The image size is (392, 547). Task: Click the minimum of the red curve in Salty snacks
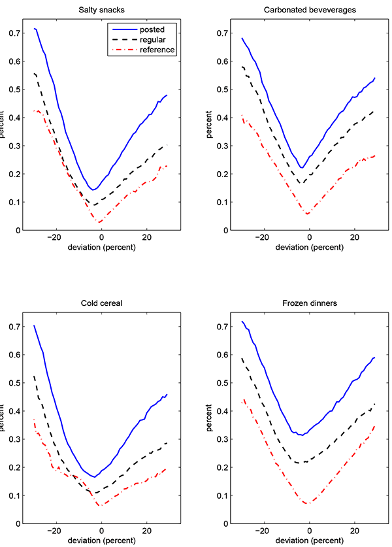(x=101, y=222)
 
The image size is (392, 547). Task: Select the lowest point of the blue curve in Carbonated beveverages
(x=301, y=168)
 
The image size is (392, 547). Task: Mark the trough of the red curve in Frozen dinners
(x=308, y=503)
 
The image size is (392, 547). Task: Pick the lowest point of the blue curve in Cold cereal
(x=95, y=477)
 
